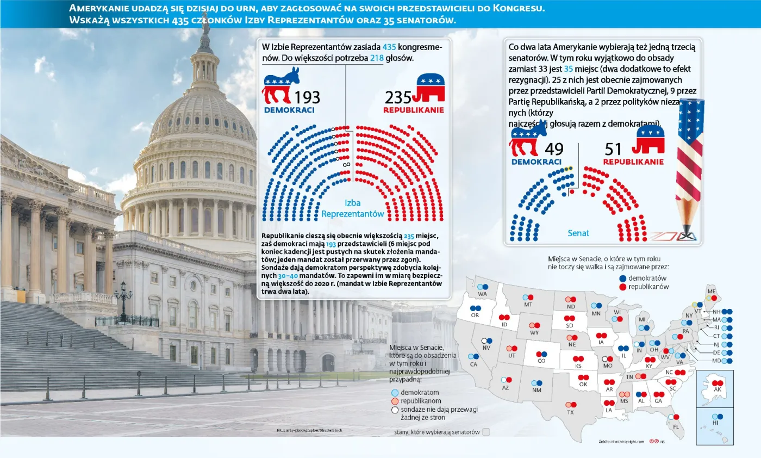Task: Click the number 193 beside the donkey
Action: click(307, 97)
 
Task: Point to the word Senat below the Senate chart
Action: click(578, 233)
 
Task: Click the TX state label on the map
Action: click(570, 413)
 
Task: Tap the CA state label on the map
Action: click(474, 364)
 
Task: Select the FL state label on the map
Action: click(676, 426)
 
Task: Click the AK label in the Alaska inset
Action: click(717, 390)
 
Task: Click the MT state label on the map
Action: click(528, 305)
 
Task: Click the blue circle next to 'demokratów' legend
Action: click(622, 278)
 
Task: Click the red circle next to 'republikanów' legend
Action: click(622, 287)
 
